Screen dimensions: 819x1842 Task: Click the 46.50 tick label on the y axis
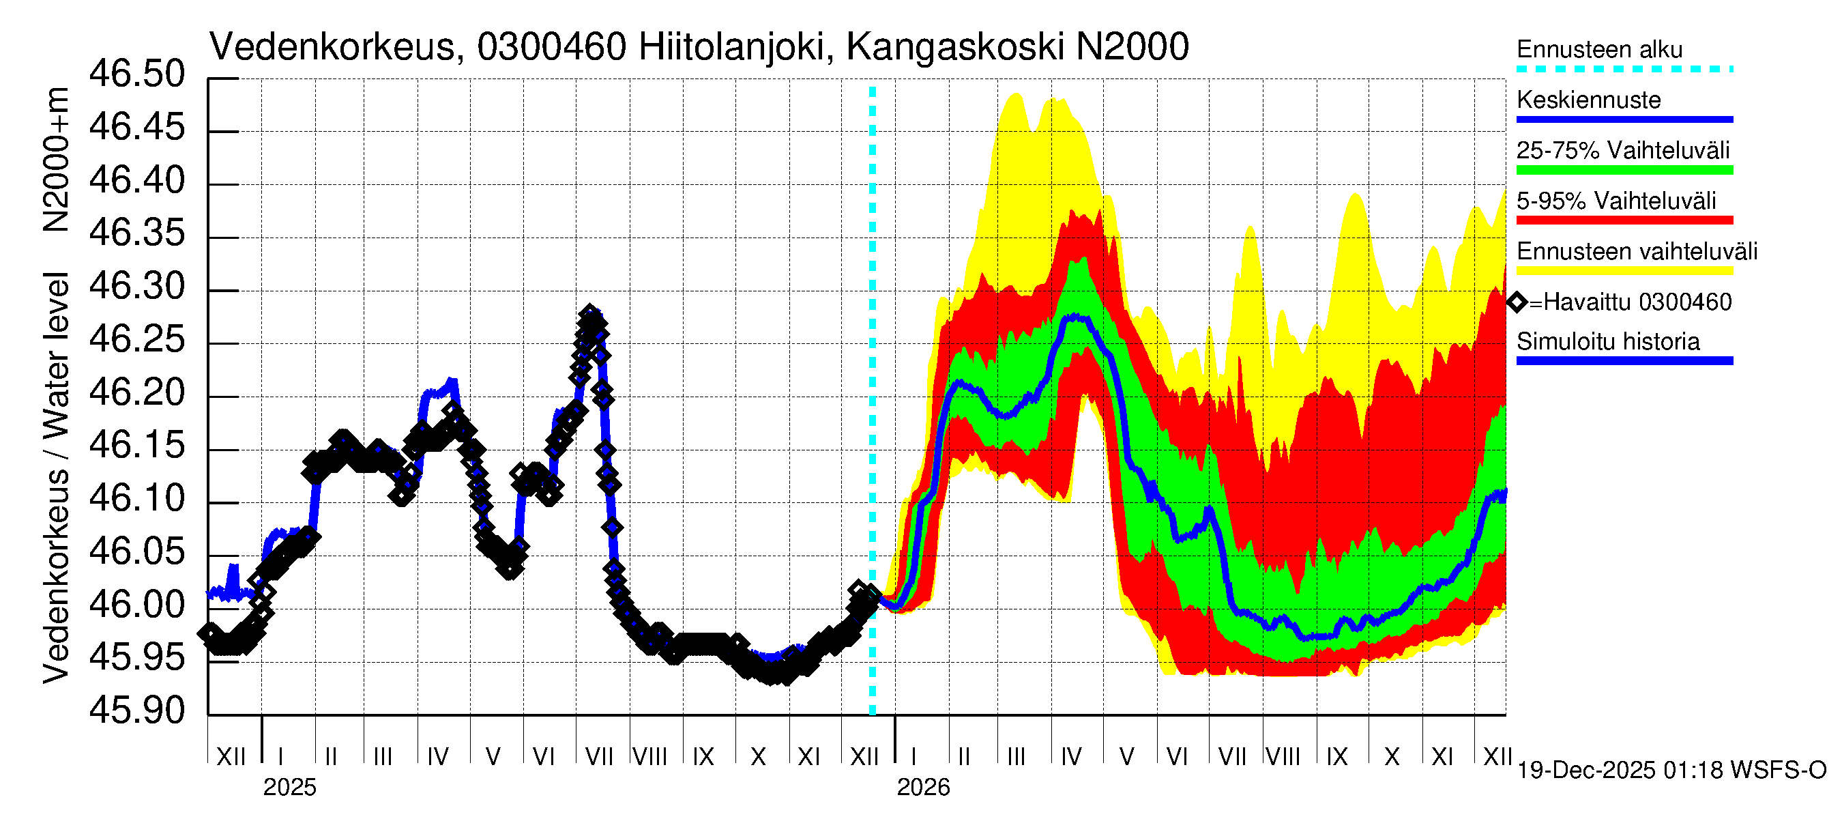pyautogui.click(x=136, y=74)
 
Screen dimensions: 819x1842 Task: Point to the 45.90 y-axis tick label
pyautogui.click(x=136, y=711)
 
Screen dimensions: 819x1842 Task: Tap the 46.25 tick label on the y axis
pyautogui.click(x=136, y=340)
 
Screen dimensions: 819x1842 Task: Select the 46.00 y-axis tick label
pyautogui.click(x=136, y=605)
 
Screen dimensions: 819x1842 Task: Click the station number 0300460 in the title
pyautogui.click(x=551, y=47)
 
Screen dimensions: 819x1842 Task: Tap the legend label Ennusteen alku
pyautogui.click(x=1599, y=49)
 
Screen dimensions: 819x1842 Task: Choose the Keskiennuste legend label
pyautogui.click(x=1588, y=100)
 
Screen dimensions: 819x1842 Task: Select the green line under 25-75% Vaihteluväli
pyautogui.click(x=1624, y=170)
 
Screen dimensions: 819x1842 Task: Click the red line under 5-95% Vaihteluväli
pyautogui.click(x=1624, y=220)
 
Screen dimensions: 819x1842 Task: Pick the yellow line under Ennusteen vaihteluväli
pyautogui.click(x=1624, y=271)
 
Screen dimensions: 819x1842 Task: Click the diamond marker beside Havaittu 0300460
pyautogui.click(x=1517, y=302)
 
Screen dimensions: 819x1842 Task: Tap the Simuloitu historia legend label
pyautogui.click(x=1607, y=342)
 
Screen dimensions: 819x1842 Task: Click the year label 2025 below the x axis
pyautogui.click(x=289, y=788)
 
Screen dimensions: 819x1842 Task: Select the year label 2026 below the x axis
pyautogui.click(x=922, y=788)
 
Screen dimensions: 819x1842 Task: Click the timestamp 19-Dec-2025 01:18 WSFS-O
pyautogui.click(x=1671, y=771)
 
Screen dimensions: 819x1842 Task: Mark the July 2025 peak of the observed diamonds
pyautogui.click(x=589, y=313)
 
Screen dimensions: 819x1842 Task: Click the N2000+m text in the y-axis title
pyautogui.click(x=56, y=159)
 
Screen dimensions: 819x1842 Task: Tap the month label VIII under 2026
pyautogui.click(x=1283, y=757)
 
